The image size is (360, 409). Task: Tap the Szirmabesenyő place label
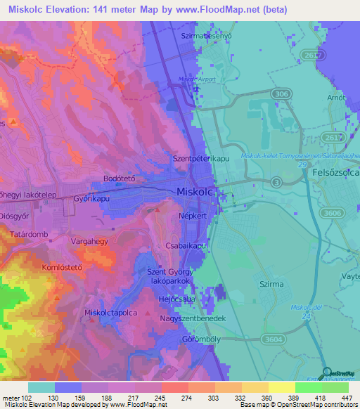point(206,34)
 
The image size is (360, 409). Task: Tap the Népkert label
point(193,216)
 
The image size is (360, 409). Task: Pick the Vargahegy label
point(89,241)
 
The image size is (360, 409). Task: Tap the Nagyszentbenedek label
point(195,318)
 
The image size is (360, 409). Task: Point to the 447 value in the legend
point(345,397)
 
